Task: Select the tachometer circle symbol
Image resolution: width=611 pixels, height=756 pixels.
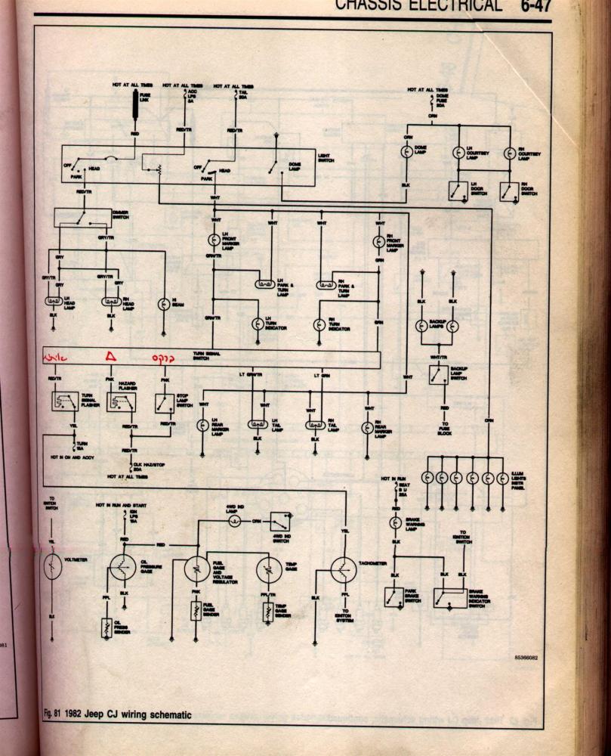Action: click(x=344, y=569)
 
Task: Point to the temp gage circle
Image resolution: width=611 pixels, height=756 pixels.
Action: click(x=270, y=569)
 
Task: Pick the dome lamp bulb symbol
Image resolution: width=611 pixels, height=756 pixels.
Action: click(x=406, y=152)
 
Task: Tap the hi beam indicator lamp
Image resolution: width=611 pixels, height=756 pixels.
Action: click(x=163, y=304)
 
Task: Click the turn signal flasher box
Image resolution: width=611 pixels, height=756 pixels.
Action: click(x=65, y=401)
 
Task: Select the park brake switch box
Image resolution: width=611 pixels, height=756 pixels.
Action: click(x=393, y=596)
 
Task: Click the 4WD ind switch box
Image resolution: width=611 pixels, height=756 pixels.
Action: click(x=279, y=521)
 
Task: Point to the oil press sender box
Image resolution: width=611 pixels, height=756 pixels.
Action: click(x=106, y=627)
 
